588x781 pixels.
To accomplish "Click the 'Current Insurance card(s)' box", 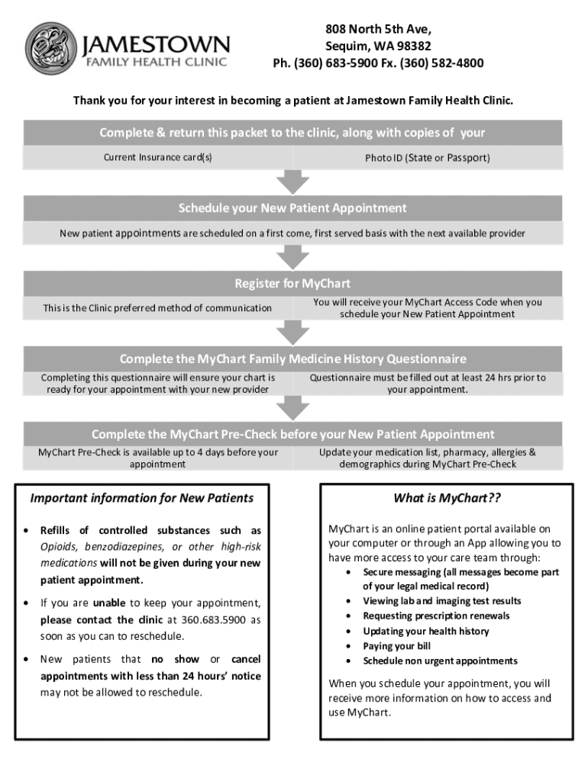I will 158,158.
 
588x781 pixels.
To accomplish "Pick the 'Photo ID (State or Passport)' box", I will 428,158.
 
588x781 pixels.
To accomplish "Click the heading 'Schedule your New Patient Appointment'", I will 292,208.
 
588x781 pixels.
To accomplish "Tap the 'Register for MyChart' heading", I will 292,284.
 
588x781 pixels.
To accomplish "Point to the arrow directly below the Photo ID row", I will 292,182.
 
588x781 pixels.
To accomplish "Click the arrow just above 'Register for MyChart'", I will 292,257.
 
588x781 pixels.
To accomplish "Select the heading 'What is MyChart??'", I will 447,498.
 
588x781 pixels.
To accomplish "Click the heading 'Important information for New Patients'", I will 141,498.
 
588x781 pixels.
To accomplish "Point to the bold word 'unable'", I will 109,603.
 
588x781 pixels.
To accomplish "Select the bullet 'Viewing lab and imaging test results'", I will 442,601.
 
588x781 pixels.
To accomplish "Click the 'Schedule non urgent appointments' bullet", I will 440,660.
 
